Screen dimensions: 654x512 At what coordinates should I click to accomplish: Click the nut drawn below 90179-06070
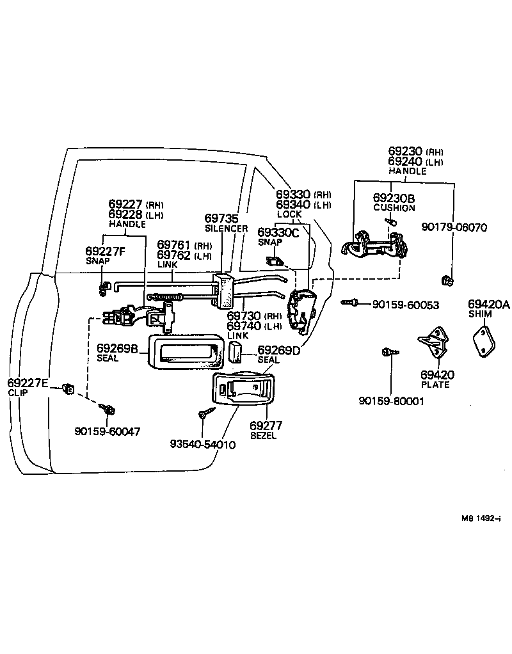(448, 280)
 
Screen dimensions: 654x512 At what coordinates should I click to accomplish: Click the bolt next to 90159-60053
(349, 302)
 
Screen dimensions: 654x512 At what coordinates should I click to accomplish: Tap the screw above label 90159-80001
(388, 351)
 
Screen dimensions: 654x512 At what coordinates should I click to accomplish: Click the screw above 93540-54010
(204, 415)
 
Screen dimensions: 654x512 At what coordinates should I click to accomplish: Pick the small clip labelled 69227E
(68, 388)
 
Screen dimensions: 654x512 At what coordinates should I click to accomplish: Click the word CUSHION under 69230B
(394, 208)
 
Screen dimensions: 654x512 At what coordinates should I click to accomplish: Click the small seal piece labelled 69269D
(235, 351)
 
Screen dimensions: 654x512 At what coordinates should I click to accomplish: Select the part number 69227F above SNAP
(106, 251)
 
